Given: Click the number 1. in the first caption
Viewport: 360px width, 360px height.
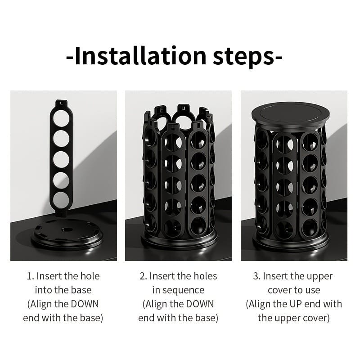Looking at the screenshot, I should point(30,276).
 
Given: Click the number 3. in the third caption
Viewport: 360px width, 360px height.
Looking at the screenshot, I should point(256,276).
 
